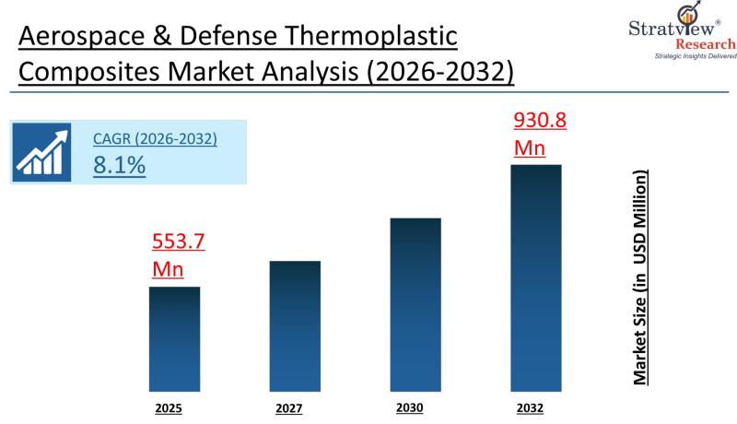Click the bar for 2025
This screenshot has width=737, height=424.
click(x=174, y=338)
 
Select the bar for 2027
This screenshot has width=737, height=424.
click(x=295, y=325)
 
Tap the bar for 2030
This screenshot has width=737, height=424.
click(x=415, y=304)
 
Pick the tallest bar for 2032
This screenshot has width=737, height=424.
click(x=536, y=277)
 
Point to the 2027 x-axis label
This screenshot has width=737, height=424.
click(x=288, y=406)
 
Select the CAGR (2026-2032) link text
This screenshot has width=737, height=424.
click(x=155, y=139)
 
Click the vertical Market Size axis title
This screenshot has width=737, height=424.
click(x=639, y=277)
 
